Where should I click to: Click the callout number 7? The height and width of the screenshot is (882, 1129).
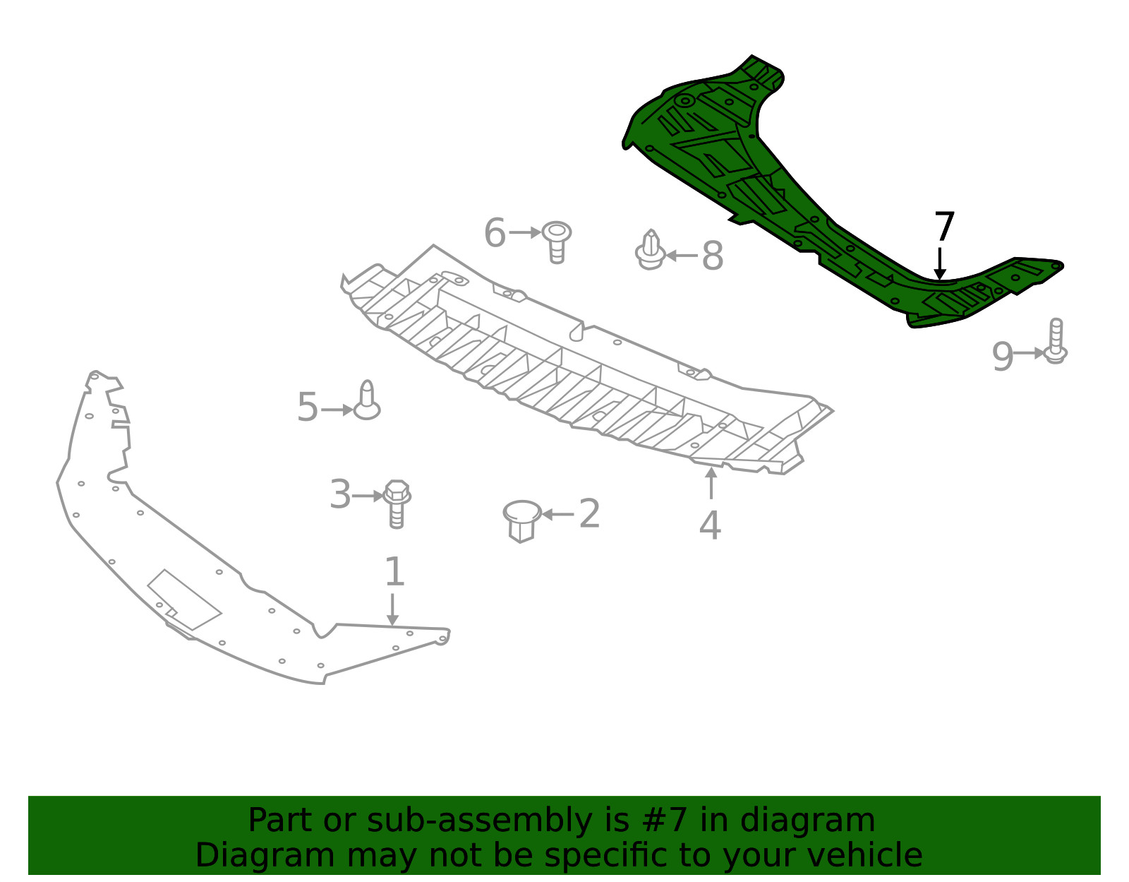click(944, 227)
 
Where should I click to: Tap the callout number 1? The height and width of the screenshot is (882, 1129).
click(394, 572)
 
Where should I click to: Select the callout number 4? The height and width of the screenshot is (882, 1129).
click(710, 526)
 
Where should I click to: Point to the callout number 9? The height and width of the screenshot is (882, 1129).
click(1002, 357)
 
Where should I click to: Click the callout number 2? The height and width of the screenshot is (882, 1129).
click(589, 513)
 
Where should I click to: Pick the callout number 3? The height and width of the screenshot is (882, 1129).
click(340, 494)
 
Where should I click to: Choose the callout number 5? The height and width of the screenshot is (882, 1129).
click(308, 407)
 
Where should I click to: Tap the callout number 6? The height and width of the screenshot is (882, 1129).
click(495, 232)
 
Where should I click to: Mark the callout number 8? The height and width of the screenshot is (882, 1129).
click(713, 256)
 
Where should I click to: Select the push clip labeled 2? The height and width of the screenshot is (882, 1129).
click(521, 520)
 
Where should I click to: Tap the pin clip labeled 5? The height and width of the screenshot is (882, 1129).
click(367, 401)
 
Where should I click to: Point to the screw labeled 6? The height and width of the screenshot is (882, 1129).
click(557, 240)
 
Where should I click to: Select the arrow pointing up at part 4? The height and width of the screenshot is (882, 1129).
click(711, 483)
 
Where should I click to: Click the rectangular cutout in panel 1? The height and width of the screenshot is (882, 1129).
click(183, 600)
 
